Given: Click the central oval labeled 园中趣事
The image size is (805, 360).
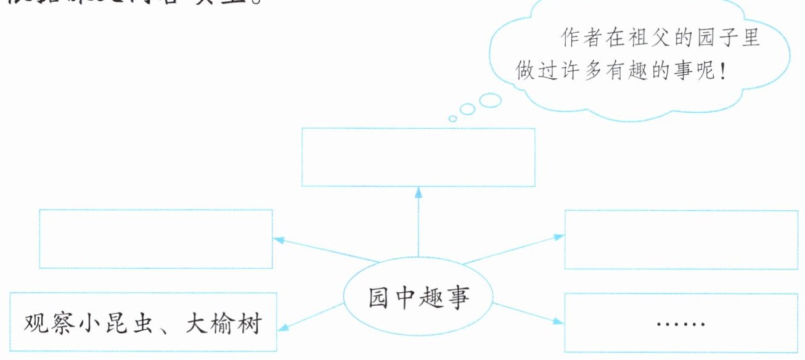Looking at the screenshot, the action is point(419,298).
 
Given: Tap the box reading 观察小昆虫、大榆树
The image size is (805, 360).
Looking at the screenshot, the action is point(143,323).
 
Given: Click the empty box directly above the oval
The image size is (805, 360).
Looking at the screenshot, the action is point(418,157).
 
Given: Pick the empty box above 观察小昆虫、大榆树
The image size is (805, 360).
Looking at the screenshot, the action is point(155,239).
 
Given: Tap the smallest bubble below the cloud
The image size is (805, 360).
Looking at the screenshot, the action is point(452,118).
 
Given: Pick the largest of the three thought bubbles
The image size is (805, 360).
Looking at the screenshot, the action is point(490,100).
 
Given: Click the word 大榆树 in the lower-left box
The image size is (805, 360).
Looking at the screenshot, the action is point(223,323).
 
